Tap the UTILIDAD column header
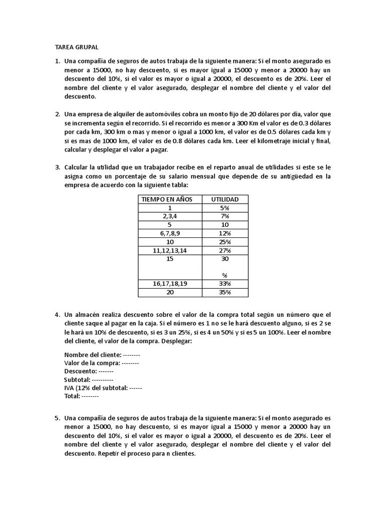(225, 199)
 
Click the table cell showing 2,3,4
(170, 216)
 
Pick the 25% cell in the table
(225, 242)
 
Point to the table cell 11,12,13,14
(170, 250)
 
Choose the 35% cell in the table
(225, 292)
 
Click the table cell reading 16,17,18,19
(170, 284)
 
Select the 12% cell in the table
(225, 233)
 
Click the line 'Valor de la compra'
(102, 363)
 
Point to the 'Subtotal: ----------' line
(88, 379)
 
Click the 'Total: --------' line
(81, 396)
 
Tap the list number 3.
(57, 166)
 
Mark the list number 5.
(57, 417)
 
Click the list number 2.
(57, 114)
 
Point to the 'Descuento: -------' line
(88, 371)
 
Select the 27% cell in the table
(225, 250)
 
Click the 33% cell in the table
(225, 284)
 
